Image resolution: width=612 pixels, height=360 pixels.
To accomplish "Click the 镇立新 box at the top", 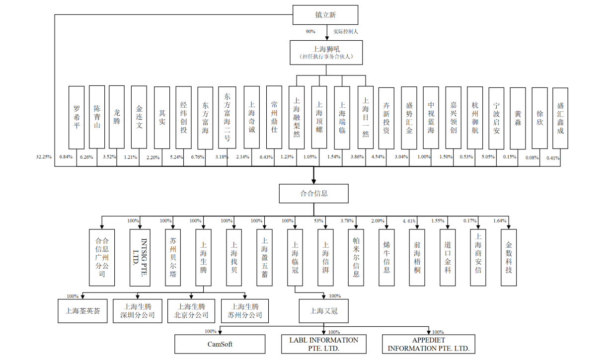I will click(325, 15).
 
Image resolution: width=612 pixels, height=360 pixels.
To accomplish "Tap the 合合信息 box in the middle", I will click(313, 193).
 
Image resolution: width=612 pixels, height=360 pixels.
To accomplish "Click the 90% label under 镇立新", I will click(310, 32).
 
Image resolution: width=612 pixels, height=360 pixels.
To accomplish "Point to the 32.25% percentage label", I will click(44, 157).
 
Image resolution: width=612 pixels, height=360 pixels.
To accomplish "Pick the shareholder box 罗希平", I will click(76, 117).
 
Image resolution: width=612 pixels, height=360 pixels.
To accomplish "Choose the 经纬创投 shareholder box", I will click(183, 117).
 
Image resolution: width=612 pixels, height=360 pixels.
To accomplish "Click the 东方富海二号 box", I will click(227, 117).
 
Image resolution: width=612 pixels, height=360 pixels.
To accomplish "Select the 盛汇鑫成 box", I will click(560, 117).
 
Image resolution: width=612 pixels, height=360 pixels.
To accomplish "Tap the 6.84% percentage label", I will click(66, 157).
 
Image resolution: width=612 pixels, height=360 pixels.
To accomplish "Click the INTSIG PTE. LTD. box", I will click(139, 257).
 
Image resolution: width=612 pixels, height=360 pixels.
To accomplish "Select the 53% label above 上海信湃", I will click(318, 220).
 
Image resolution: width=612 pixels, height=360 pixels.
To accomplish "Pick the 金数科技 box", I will click(508, 257).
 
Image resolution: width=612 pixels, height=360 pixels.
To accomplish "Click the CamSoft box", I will click(220, 344).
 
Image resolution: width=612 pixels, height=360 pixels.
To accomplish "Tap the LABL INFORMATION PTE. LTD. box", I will click(323, 344).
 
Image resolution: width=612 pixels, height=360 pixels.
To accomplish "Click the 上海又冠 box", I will click(323, 311).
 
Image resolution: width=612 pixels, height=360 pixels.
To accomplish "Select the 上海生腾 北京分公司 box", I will click(191, 311).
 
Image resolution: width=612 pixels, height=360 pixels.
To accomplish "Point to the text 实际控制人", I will click(346, 32).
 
